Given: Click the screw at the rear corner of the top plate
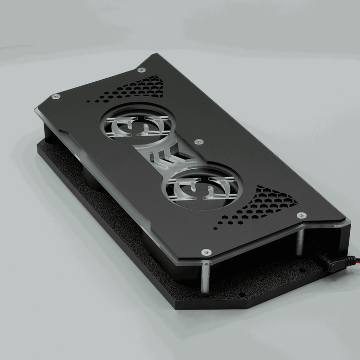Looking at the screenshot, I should click(141, 69).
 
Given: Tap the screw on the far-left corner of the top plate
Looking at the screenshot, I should click(56, 96).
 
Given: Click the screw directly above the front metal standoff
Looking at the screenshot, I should click(206, 252).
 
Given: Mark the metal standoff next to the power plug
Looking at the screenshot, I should click(299, 242).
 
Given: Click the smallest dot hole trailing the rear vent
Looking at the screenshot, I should click(89, 101).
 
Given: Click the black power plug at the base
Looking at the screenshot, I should click(332, 263).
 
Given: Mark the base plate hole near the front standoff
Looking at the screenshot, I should click(242, 295).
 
